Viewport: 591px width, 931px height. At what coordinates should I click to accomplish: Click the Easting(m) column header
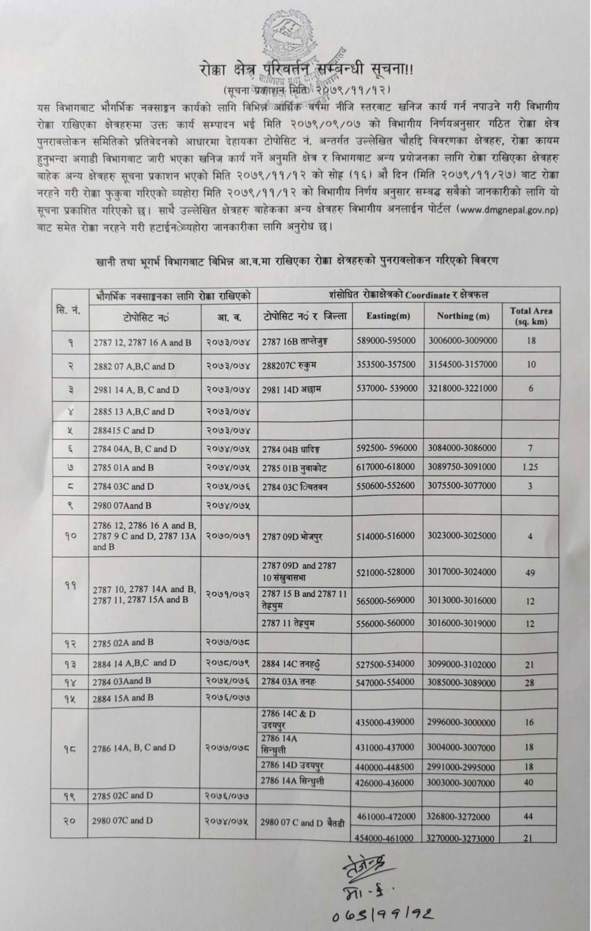click(x=388, y=316)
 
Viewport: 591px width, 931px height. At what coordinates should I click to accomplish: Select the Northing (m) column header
click(x=463, y=316)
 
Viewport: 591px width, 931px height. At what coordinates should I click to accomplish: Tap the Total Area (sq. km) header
click(x=530, y=316)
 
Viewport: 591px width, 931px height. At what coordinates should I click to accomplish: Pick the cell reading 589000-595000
click(x=386, y=341)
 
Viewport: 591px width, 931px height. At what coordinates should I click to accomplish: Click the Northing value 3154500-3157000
click(x=462, y=365)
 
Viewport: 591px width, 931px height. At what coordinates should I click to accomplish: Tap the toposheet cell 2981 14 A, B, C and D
click(x=136, y=389)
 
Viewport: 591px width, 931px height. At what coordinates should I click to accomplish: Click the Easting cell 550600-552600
click(x=385, y=485)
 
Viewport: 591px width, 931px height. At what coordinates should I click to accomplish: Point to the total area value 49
click(x=530, y=572)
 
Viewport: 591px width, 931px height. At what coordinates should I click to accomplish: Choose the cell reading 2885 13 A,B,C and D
click(x=134, y=411)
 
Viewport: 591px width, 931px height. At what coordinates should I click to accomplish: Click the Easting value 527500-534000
click(x=385, y=664)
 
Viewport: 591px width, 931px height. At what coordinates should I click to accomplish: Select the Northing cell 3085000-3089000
click(x=462, y=682)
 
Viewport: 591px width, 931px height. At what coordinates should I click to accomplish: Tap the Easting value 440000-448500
click(x=385, y=767)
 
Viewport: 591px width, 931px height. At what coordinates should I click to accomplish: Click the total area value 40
click(x=529, y=783)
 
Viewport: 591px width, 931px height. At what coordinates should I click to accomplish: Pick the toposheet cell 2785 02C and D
click(x=123, y=795)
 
